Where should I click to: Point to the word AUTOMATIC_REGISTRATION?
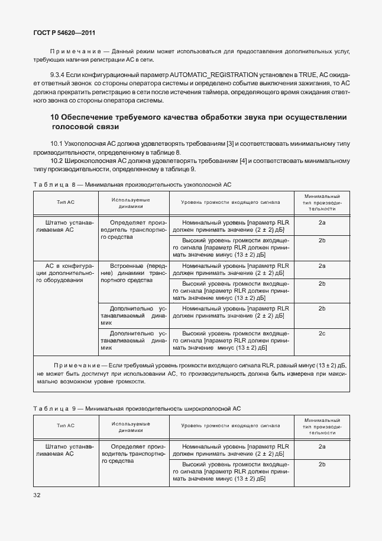(213, 75)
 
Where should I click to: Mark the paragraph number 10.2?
(57, 161)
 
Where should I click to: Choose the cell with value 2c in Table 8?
(322, 334)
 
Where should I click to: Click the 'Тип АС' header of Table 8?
(65, 202)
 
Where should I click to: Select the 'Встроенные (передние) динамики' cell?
(134, 273)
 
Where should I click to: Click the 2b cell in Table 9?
(322, 464)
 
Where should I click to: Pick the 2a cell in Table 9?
(322, 446)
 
